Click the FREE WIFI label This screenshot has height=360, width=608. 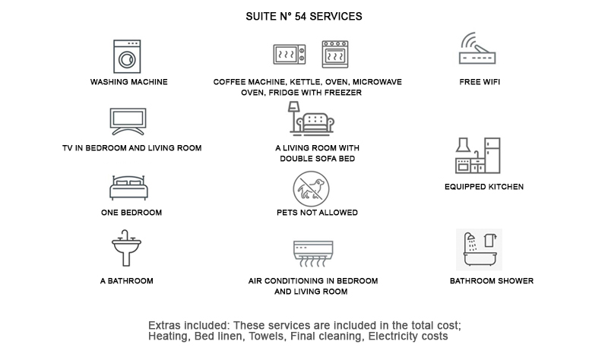tap(480, 81)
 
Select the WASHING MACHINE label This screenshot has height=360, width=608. tap(128, 81)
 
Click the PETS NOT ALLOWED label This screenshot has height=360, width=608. tap(317, 213)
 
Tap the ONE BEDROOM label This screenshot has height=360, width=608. tap(131, 213)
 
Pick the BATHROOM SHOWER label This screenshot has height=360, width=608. tap(491, 281)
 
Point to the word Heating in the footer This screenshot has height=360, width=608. tap(168, 336)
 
